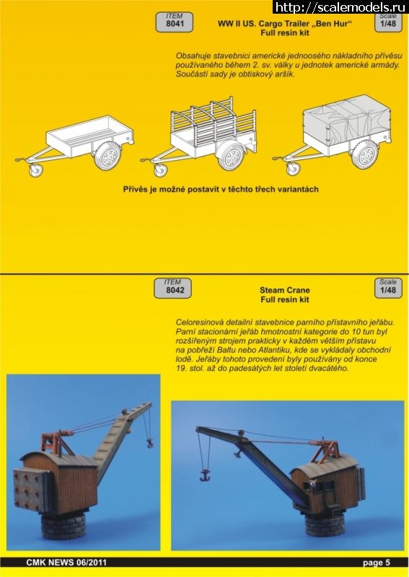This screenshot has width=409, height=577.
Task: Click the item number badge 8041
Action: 174,22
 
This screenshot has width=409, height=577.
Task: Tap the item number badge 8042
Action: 172,288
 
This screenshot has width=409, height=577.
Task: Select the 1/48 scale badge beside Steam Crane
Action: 388,287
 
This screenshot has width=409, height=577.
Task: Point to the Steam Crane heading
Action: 285,290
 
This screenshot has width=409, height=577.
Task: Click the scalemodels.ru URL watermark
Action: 342,6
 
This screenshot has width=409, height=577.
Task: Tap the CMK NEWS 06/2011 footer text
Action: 66,563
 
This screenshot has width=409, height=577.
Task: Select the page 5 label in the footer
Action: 377,563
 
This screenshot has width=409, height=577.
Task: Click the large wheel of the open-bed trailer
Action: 107,155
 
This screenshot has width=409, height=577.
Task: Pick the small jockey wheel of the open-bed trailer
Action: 36,170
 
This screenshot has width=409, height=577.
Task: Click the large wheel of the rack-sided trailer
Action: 232,157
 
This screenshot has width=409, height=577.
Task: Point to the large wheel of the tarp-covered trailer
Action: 364,154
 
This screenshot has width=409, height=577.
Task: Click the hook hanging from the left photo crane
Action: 150,444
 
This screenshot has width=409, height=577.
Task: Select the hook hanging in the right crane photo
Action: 204,475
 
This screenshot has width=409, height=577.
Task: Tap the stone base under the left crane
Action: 63,526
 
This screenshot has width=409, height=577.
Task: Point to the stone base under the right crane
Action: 325,524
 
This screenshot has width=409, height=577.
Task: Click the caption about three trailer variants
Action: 221,189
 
